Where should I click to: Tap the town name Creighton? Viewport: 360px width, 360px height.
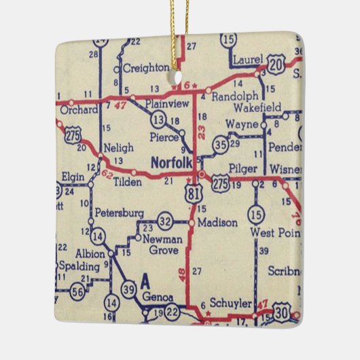click(145, 68)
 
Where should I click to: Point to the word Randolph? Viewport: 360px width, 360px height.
click(234, 97)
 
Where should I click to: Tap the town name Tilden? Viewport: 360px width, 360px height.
click(127, 182)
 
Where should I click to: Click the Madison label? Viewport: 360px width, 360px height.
click(217, 222)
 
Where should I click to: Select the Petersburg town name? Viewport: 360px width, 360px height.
click(119, 212)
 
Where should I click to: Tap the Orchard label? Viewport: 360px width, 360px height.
click(74, 107)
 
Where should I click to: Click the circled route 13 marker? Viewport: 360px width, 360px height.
click(158, 120)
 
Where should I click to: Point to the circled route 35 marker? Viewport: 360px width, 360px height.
click(219, 144)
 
